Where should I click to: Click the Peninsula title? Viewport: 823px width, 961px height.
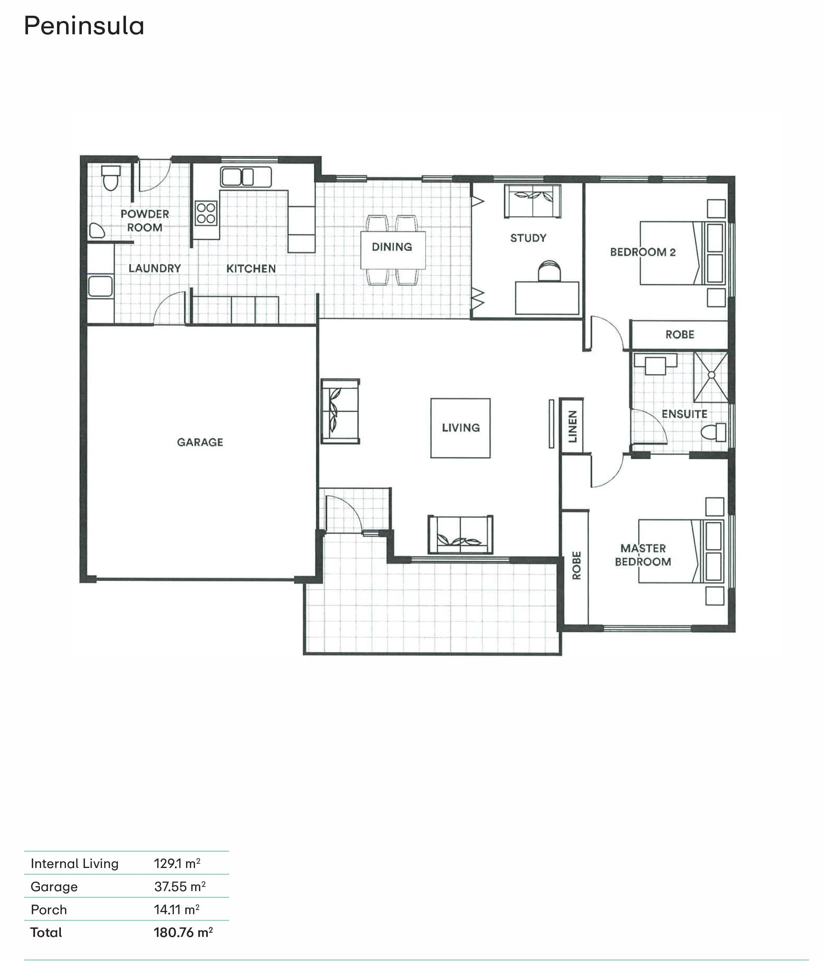84,26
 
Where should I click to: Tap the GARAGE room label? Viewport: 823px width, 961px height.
200,442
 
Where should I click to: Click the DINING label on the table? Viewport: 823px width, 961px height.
392,247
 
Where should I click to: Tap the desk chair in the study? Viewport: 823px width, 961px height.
549,271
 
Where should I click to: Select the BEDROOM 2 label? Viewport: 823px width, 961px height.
643,252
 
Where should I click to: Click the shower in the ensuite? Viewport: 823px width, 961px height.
711,377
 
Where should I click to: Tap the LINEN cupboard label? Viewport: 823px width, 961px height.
573,426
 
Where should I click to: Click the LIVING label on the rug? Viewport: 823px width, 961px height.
461,428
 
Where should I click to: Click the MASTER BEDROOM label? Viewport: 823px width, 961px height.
643,555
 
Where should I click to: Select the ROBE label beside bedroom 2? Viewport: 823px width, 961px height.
680,334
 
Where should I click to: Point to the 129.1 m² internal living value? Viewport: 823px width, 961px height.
177,863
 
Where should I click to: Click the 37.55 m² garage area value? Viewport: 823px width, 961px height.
180,886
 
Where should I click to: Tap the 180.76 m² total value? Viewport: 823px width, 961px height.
183,932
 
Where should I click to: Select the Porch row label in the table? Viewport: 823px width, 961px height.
49,910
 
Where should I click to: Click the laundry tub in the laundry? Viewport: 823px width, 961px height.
100,286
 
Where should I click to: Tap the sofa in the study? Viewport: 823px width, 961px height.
532,201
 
